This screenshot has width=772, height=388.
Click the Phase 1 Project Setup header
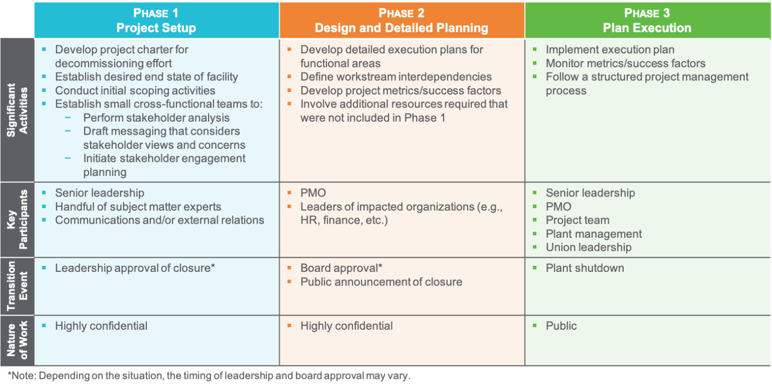(156, 20)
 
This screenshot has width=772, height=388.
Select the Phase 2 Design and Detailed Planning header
(402, 20)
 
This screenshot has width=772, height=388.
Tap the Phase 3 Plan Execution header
(647, 20)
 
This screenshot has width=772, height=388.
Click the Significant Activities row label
(17, 110)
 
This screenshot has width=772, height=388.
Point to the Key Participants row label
(17, 220)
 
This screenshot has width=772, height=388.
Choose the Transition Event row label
(17, 286)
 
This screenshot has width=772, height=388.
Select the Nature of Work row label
(17, 340)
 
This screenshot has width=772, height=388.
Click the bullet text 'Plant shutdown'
(585, 268)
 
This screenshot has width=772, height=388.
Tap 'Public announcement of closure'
(381, 282)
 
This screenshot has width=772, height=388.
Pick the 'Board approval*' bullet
(341, 268)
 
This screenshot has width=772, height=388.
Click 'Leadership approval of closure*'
(135, 268)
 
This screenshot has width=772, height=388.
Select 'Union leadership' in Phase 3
(589, 247)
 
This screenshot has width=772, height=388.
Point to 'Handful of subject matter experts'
(138, 207)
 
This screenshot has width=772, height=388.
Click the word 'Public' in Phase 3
(561, 326)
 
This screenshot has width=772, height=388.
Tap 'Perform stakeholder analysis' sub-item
(156, 118)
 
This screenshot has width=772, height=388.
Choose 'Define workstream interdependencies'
(396, 77)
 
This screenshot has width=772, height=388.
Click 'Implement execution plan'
(610, 50)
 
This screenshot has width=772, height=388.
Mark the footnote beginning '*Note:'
(209, 375)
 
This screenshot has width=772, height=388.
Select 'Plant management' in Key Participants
(594, 234)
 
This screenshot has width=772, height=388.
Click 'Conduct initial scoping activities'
(135, 90)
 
